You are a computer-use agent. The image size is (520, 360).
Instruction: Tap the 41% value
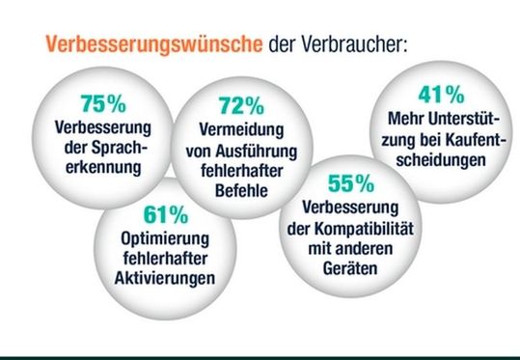click(x=446, y=96)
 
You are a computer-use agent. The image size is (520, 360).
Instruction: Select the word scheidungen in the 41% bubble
click(x=446, y=159)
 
